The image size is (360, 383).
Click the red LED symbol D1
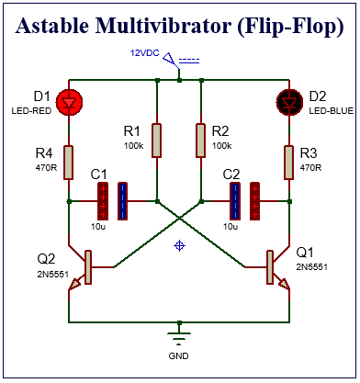coord(69,103)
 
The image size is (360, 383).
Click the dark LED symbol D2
coord(290,103)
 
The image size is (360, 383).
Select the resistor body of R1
coord(158,141)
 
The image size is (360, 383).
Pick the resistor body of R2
coord(201,141)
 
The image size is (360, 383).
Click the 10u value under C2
coord(231,226)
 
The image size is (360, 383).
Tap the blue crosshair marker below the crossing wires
coord(180,245)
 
